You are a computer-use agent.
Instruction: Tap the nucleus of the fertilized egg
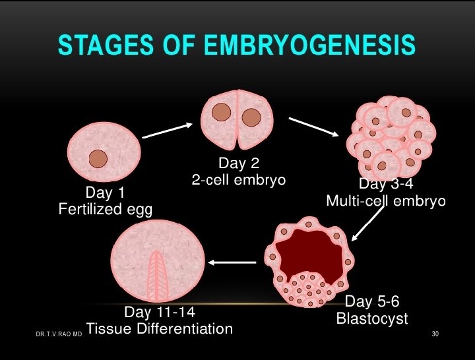click(98, 158)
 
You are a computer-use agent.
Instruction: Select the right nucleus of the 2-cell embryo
click(251, 117)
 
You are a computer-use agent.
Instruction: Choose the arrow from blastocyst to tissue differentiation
click(233, 262)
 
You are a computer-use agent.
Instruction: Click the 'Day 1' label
click(105, 193)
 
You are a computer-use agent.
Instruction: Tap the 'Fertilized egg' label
click(105, 210)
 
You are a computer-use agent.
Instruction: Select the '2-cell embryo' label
click(238, 179)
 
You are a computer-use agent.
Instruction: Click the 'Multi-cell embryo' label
click(386, 200)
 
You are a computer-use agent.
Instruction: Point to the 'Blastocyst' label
click(372, 319)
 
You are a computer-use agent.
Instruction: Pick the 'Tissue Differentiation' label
click(160, 328)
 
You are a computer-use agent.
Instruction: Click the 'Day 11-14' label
click(160, 311)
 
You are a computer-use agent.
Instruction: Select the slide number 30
click(435, 334)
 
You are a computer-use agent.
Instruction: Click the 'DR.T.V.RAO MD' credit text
click(59, 335)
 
